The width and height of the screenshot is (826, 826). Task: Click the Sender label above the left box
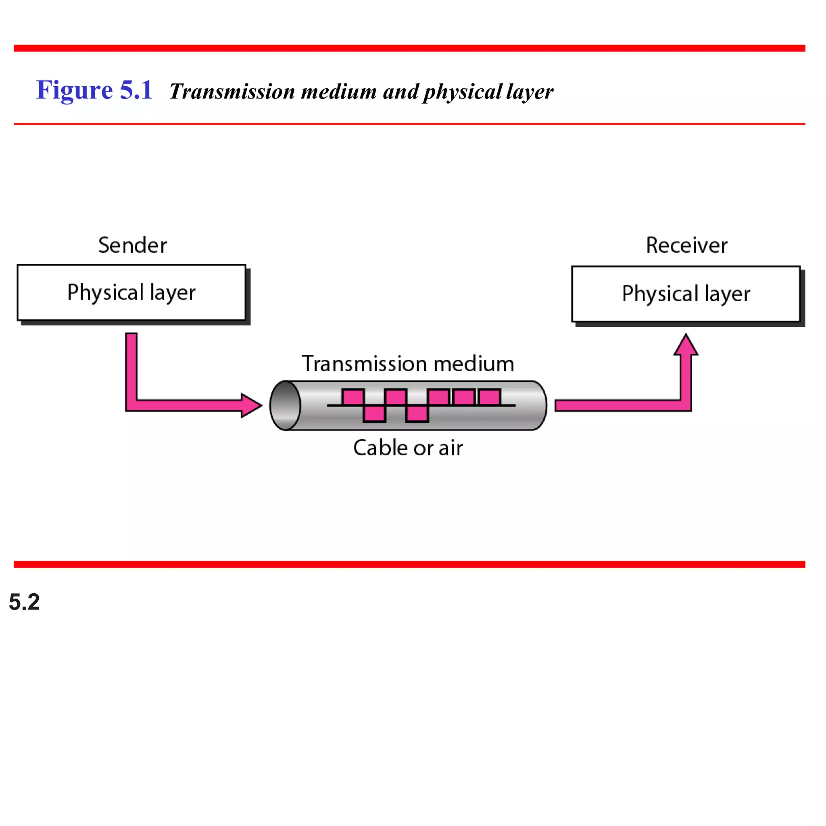point(133,245)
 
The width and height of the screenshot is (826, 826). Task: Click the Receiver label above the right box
point(686,245)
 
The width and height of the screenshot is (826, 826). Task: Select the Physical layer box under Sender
point(131,293)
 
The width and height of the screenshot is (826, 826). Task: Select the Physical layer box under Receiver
point(686,294)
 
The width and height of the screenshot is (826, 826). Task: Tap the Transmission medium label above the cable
point(408,364)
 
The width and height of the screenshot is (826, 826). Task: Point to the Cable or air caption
point(408,448)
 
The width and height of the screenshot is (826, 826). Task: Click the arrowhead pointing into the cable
point(251,405)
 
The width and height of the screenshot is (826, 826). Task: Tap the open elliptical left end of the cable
point(286,405)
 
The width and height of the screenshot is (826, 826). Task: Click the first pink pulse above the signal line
point(353,397)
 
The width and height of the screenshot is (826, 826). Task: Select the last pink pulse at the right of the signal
point(490,397)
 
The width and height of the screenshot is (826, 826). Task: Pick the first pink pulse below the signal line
point(374,413)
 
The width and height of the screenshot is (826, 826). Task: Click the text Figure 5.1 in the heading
point(94,90)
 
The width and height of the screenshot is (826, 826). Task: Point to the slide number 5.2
point(24,602)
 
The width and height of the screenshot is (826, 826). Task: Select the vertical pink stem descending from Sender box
point(131,365)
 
